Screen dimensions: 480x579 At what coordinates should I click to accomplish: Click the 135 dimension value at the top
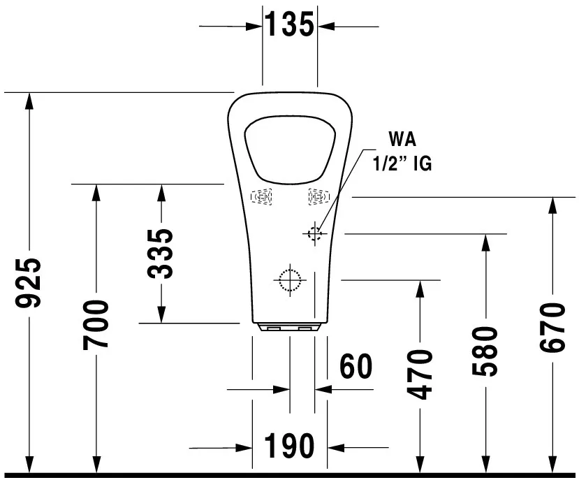coord(289,25)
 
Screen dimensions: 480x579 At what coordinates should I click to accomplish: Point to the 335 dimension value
coord(161,253)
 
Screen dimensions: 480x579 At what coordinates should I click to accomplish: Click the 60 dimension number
coord(356,366)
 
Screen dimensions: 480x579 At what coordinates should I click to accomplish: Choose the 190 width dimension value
coord(289,446)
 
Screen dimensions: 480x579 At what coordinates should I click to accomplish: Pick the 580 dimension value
coord(485,351)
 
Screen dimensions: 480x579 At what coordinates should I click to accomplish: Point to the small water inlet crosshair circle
coord(315,233)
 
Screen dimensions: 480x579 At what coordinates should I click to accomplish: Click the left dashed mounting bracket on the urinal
coord(262,198)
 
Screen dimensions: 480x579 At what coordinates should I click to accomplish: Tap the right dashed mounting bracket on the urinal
coord(317,198)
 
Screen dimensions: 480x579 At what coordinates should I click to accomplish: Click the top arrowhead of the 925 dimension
coord(29,100)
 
